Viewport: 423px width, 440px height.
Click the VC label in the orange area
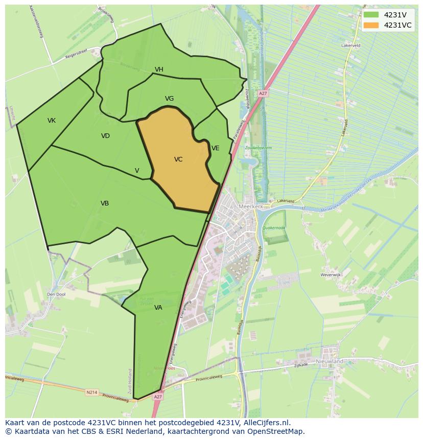point(178,159)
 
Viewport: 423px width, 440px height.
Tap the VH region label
point(159,70)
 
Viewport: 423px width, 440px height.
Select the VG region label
point(169,99)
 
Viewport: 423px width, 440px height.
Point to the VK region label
point(52,121)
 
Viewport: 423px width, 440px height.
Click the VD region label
point(105,136)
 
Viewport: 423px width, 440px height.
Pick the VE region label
point(216,148)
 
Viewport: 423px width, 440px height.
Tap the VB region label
point(105,203)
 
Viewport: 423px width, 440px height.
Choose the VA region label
point(158,308)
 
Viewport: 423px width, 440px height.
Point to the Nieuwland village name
point(330,361)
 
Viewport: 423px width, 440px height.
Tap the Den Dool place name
point(56,294)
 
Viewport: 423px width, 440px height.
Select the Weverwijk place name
point(330,275)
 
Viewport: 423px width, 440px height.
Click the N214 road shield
point(92,392)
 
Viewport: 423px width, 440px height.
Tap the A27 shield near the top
point(263,94)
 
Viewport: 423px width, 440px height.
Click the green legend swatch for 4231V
point(371,15)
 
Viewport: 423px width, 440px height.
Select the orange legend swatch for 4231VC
point(371,25)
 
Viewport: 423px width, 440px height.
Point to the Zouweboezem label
point(258,148)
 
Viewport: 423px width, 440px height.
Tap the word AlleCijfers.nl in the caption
point(265,423)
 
